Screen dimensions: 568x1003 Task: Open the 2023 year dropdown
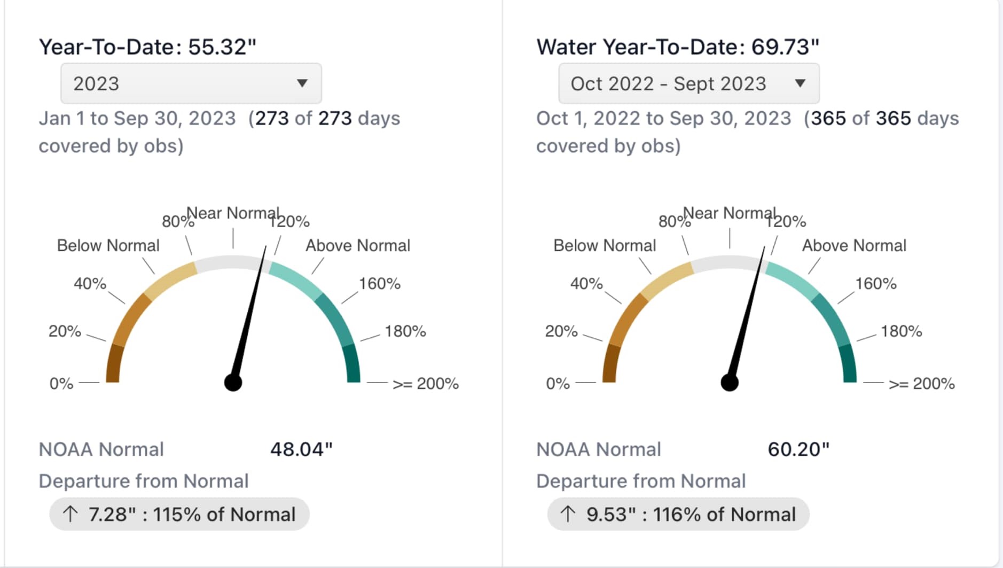point(191,83)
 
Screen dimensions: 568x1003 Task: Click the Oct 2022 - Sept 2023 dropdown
point(688,83)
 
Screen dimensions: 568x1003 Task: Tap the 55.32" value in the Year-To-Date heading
point(222,47)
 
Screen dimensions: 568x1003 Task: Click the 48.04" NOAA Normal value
point(301,449)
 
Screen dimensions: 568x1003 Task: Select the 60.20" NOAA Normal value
point(798,449)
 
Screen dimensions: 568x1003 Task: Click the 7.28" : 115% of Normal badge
point(179,514)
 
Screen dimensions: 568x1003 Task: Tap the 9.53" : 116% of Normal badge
point(678,514)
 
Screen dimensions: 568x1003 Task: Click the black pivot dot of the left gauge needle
point(233,383)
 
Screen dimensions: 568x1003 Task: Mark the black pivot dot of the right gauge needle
point(730,383)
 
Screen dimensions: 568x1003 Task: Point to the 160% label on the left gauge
point(379,283)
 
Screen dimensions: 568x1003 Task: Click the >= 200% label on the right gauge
point(921,384)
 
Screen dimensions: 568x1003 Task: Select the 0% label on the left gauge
point(61,384)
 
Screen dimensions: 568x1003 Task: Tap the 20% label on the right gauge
point(561,331)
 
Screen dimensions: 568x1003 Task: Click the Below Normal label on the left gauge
point(108,245)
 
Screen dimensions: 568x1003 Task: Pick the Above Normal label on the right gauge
point(854,245)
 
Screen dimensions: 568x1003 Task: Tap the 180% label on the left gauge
point(405,331)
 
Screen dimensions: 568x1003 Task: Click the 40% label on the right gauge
point(586,283)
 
